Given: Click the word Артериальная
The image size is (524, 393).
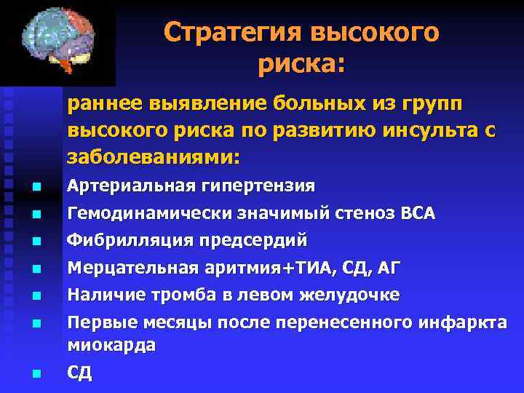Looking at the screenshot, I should pyautogui.click(x=132, y=186).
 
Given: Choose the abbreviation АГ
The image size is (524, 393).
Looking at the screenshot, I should pyautogui.click(x=389, y=269).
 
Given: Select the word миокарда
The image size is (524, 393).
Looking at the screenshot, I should pyautogui.click(x=111, y=345).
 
